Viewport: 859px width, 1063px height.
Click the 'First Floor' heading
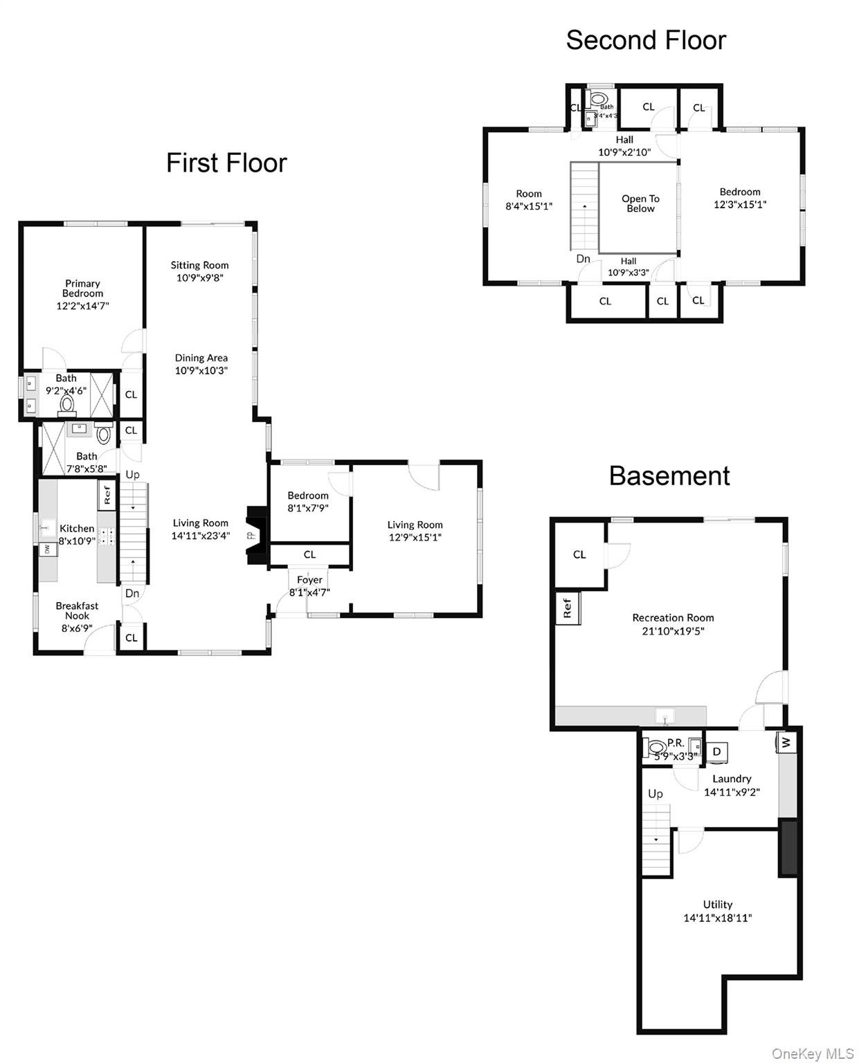pyautogui.click(x=226, y=163)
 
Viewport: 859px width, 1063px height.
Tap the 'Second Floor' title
pyautogui.click(x=645, y=40)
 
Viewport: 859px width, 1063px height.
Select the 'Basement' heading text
pyautogui.click(x=669, y=476)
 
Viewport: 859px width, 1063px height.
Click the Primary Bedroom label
pyautogui.click(x=82, y=289)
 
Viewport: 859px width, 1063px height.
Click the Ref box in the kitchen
pyautogui.click(x=107, y=495)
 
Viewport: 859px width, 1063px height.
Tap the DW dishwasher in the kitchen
pyautogui.click(x=47, y=549)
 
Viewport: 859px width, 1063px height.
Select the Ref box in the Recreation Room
pyautogui.click(x=568, y=608)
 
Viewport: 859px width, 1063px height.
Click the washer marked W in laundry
pyautogui.click(x=786, y=743)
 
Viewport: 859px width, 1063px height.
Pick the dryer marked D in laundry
pyautogui.click(x=717, y=752)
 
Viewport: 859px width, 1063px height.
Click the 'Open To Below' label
pyautogui.click(x=640, y=203)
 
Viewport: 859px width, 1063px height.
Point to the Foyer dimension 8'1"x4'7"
pyautogui.click(x=309, y=592)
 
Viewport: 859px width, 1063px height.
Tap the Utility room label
pyautogui.click(x=717, y=905)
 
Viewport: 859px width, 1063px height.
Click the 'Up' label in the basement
pyautogui.click(x=655, y=794)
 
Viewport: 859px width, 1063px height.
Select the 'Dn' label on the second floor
pyautogui.click(x=583, y=259)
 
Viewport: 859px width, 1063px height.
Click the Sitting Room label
pyautogui.click(x=199, y=265)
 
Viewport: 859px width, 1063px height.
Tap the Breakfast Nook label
pyautogui.click(x=77, y=610)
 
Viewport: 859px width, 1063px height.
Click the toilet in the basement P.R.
pyautogui.click(x=653, y=747)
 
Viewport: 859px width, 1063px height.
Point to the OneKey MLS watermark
pyautogui.click(x=812, y=1053)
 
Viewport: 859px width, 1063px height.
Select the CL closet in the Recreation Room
pyautogui.click(x=579, y=554)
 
